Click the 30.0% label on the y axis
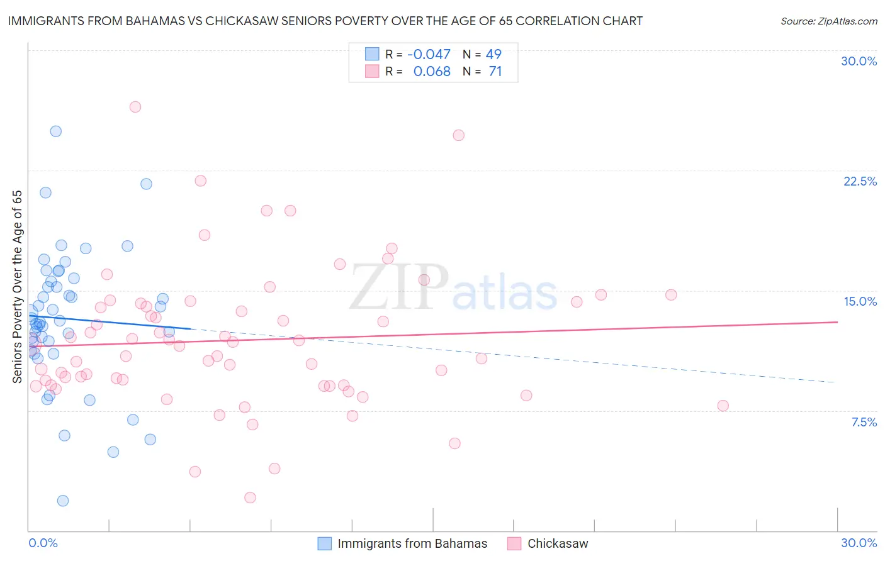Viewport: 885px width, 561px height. [x=859, y=61]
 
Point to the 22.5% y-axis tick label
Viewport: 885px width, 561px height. [x=860, y=181]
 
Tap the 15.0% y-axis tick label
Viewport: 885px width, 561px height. [x=860, y=301]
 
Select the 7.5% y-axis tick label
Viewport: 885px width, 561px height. [x=864, y=422]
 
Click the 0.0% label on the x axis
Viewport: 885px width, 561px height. [x=43, y=543]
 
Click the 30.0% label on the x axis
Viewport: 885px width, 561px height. [x=859, y=543]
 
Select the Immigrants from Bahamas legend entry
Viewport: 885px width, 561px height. [x=412, y=543]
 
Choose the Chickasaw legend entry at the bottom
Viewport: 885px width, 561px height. [x=558, y=543]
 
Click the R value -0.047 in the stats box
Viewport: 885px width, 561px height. [x=429, y=54]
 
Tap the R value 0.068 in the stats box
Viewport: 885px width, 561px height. [x=432, y=72]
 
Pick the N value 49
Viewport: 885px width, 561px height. [x=493, y=54]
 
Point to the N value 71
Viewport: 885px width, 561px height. [x=495, y=72]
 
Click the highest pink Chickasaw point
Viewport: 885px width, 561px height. [x=135, y=107]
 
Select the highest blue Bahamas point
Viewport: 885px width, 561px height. [x=56, y=131]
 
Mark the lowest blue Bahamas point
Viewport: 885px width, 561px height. [x=63, y=501]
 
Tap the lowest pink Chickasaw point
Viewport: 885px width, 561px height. [x=250, y=497]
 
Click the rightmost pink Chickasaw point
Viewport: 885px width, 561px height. [x=723, y=406]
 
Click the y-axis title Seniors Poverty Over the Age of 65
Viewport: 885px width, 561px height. [x=18, y=286]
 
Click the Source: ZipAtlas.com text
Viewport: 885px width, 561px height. [x=828, y=21]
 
